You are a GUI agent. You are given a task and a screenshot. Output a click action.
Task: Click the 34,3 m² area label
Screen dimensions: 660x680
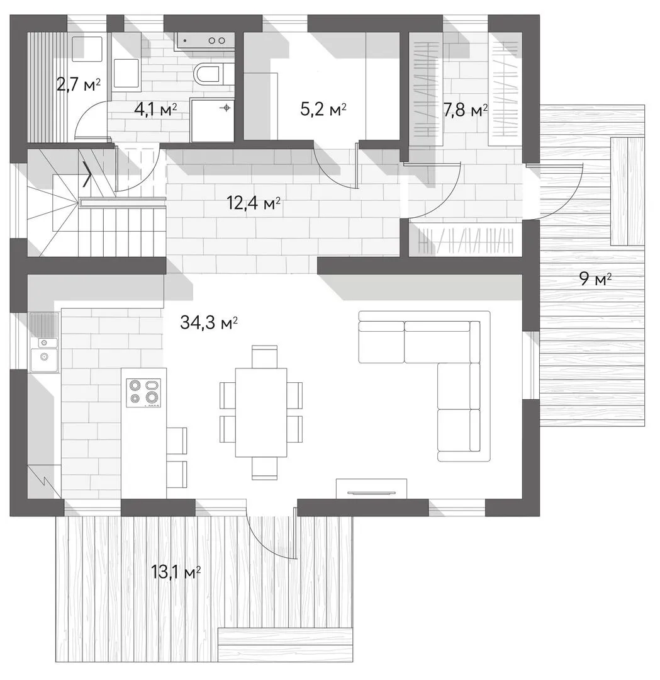click(208, 322)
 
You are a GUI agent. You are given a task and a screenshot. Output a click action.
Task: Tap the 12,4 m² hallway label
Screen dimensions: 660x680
click(254, 203)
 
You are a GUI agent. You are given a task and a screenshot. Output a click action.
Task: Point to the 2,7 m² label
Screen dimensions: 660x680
click(79, 84)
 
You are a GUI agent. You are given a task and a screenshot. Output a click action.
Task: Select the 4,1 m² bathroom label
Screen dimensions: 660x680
click(155, 110)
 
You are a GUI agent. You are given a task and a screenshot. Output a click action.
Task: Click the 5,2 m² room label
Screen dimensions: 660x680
click(323, 110)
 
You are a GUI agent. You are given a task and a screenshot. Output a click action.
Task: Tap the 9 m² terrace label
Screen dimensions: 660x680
click(595, 280)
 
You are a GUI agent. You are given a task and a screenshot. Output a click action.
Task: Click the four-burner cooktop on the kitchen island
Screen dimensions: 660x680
click(143, 393)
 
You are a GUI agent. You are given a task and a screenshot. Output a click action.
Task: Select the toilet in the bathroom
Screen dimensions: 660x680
click(208, 73)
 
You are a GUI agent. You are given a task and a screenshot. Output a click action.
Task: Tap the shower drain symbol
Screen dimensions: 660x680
click(226, 108)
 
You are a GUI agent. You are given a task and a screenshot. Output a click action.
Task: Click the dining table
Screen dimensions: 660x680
click(261, 412)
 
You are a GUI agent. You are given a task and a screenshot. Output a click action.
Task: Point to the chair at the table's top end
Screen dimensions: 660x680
click(264, 356)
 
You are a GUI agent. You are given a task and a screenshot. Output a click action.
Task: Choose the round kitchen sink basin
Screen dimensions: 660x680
click(44, 357)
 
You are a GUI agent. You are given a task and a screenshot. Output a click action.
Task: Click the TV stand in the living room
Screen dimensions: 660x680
click(372, 489)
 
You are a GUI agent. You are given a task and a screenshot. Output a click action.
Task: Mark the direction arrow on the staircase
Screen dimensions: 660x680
click(87, 174)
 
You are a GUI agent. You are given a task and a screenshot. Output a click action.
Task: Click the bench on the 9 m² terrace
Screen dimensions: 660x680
click(627, 191)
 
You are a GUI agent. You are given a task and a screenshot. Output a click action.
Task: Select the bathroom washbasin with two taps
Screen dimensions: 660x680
click(205, 40)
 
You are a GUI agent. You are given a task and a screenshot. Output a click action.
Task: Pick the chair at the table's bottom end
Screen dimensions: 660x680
click(264, 469)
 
